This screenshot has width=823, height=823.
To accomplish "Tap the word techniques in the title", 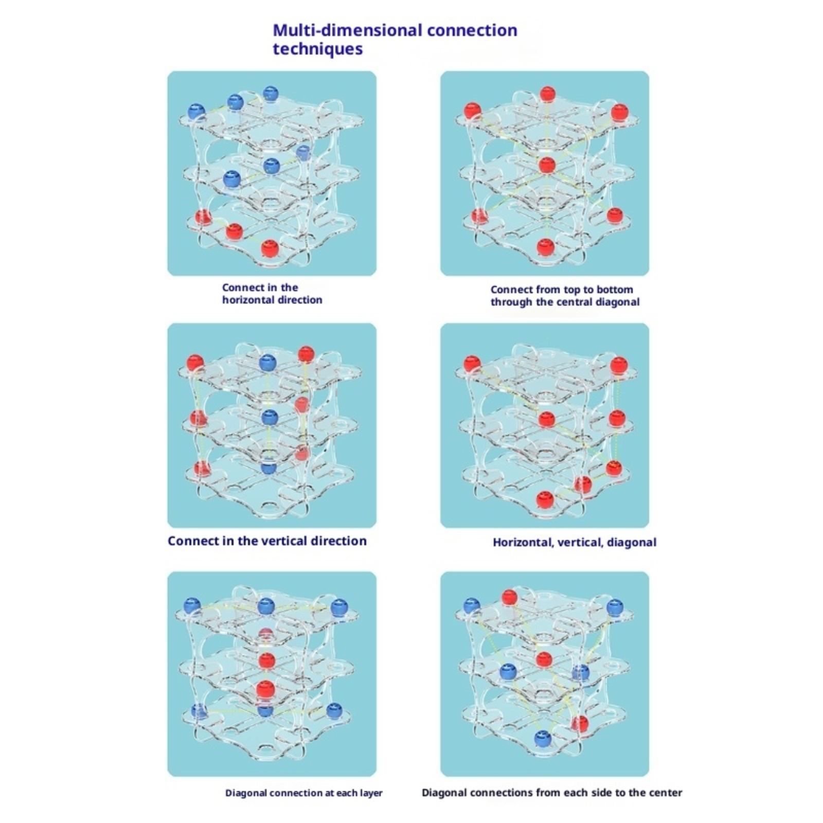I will click(x=317, y=49).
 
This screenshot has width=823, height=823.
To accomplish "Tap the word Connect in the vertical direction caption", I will click(x=189, y=541).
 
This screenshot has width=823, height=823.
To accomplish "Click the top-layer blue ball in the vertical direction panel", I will click(x=268, y=363).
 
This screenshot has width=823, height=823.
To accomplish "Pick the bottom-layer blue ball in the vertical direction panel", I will click(x=269, y=468).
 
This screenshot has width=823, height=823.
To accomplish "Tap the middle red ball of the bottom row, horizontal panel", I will click(x=235, y=231).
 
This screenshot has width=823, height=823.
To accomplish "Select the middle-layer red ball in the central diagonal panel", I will click(x=547, y=165).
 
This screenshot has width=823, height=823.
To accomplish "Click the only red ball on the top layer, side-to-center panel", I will click(x=509, y=597).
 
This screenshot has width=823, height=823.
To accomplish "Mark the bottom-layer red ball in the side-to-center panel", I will click(x=580, y=723).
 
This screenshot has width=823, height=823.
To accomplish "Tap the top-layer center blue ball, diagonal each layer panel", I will click(x=266, y=606).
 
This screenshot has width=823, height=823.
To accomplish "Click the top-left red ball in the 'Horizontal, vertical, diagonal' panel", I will click(x=472, y=364).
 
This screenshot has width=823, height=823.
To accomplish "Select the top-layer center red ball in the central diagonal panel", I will click(x=547, y=94).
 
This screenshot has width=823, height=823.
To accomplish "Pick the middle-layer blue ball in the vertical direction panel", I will click(x=270, y=417).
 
